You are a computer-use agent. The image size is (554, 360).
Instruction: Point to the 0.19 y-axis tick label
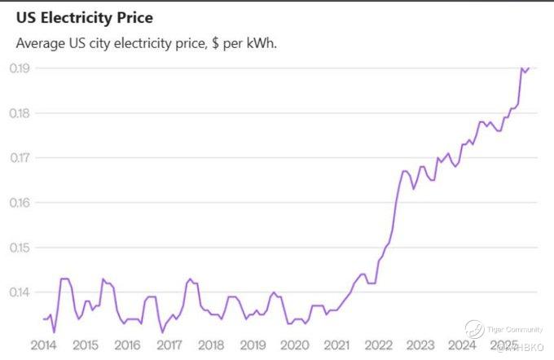(20, 68)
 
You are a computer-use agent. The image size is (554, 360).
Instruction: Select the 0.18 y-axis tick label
(20, 113)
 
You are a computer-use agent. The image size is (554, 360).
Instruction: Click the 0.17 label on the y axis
(20, 158)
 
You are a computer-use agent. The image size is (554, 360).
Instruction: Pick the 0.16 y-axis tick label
(20, 203)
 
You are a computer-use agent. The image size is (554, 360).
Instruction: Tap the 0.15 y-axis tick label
(20, 248)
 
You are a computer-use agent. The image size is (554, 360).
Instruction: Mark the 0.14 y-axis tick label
(20, 292)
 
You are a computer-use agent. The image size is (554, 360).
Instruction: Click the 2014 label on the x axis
(44, 345)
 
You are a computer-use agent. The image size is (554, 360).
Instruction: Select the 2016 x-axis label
(127, 345)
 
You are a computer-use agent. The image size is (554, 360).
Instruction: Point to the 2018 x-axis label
(210, 345)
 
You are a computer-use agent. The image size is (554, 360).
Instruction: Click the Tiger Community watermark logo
(475, 329)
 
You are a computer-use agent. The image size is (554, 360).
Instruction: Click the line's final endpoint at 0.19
(529, 68)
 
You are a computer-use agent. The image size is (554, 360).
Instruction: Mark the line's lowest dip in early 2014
(54, 332)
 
